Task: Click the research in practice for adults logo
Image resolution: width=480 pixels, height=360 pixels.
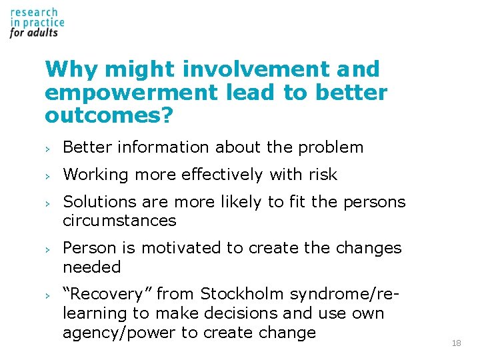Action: tap(37, 23)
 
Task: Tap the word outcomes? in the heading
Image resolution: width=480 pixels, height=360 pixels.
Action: tap(109, 116)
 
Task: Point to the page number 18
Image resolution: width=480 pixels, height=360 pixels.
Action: tap(456, 343)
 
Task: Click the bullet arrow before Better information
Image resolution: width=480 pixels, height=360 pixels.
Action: tap(48, 148)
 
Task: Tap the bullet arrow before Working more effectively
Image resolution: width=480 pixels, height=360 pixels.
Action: tap(48, 175)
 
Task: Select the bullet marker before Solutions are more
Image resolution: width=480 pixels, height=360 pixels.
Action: tap(48, 203)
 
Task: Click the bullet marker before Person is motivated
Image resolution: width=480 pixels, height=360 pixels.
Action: tap(48, 249)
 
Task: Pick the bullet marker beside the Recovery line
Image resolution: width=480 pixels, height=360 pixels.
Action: tap(48, 295)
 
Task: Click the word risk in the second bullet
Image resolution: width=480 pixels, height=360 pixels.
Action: tap(323, 175)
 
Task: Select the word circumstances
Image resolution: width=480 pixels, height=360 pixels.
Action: tap(119, 221)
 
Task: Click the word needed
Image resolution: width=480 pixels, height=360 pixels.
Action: tap(92, 267)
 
